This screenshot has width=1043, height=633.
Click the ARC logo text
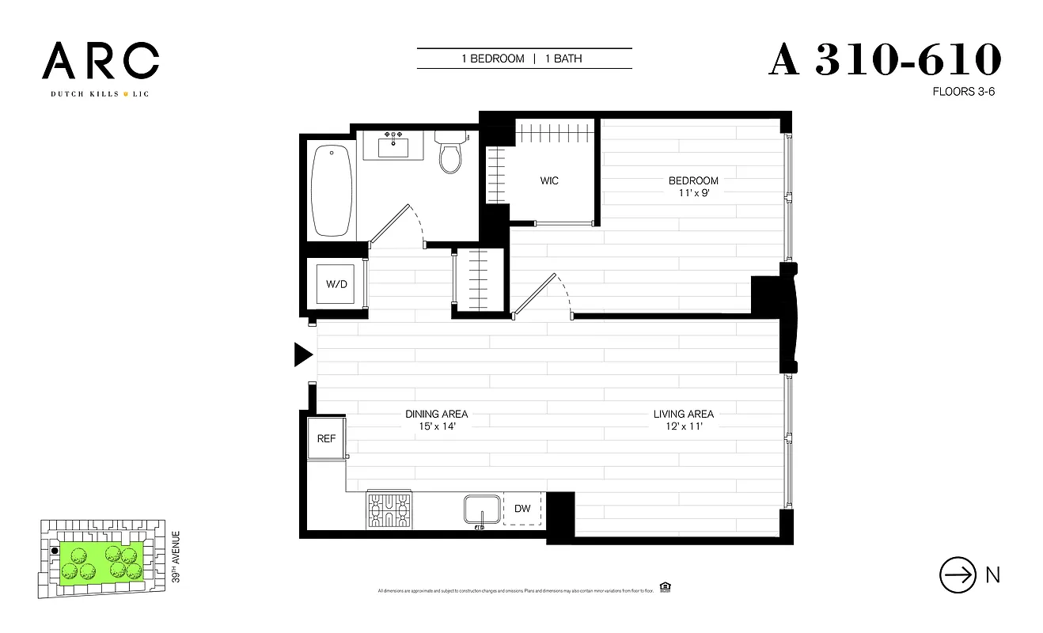(101, 62)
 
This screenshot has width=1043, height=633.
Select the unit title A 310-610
(885, 60)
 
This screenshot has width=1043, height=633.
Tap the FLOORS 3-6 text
(963, 92)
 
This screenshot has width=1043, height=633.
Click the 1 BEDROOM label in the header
(493, 59)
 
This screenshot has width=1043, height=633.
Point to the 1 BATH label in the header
(563, 59)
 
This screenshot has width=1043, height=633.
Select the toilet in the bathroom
(450, 154)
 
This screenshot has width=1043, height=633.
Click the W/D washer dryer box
(337, 284)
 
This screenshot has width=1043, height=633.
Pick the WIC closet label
(549, 180)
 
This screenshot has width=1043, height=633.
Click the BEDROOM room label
(692, 180)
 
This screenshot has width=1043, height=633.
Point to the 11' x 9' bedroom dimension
(692, 193)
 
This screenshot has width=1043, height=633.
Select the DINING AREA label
(436, 414)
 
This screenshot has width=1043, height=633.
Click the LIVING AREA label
(683, 414)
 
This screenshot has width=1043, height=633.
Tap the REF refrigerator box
(326, 438)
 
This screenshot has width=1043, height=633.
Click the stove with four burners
(389, 510)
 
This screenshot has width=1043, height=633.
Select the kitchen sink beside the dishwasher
(481, 510)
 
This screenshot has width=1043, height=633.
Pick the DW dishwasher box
(522, 509)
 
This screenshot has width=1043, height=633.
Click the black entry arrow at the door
(303, 355)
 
